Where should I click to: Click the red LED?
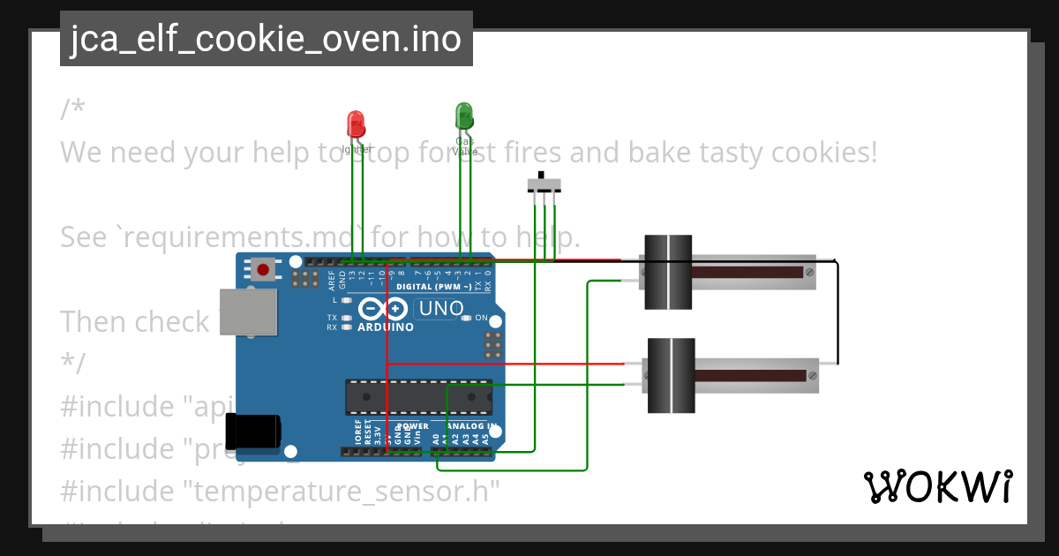point(356,124)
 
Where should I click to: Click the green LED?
point(464,116)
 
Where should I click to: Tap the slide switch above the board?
point(544,184)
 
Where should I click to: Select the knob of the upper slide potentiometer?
point(667,272)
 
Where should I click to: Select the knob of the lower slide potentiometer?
point(672,375)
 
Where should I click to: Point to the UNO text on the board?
point(440,309)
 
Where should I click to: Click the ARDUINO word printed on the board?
point(385,327)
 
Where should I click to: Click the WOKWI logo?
point(937,487)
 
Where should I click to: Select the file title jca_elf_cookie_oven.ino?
point(266,39)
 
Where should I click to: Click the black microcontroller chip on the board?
point(418,397)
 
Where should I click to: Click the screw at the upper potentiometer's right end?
point(809,272)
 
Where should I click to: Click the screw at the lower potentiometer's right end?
point(812,375)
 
